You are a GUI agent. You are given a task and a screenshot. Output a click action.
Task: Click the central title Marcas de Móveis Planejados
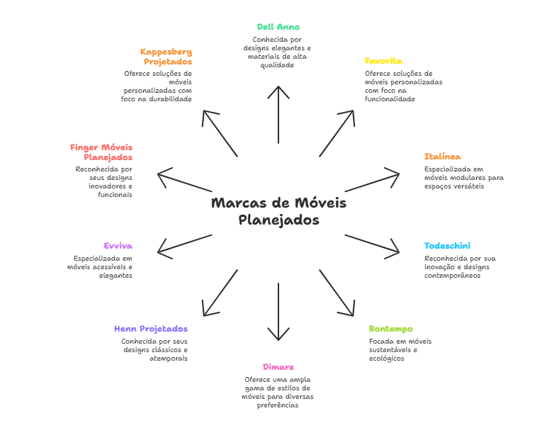pos(278,211)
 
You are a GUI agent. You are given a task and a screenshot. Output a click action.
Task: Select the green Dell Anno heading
pos(278,27)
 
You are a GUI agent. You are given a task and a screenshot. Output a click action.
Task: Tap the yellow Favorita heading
pos(383,61)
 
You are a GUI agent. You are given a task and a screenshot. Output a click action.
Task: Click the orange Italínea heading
pos(443,157)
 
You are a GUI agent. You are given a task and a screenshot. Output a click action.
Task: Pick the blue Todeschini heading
pos(447,246)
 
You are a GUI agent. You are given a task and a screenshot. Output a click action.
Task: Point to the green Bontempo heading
pos(390,329)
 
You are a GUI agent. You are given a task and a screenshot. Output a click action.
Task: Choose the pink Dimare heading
pos(278,367)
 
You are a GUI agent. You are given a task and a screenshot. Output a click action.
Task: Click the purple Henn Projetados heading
pos(151,329)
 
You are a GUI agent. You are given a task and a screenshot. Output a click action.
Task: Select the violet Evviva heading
pos(118,246)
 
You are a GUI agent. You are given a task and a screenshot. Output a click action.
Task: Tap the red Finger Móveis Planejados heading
pos(102,152)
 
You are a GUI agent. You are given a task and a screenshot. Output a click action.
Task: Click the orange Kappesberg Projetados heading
pos(166,57)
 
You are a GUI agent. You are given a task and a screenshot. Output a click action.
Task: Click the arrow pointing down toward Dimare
pos(278,312)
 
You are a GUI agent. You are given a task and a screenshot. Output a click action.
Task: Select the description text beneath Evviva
pos(103,267)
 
